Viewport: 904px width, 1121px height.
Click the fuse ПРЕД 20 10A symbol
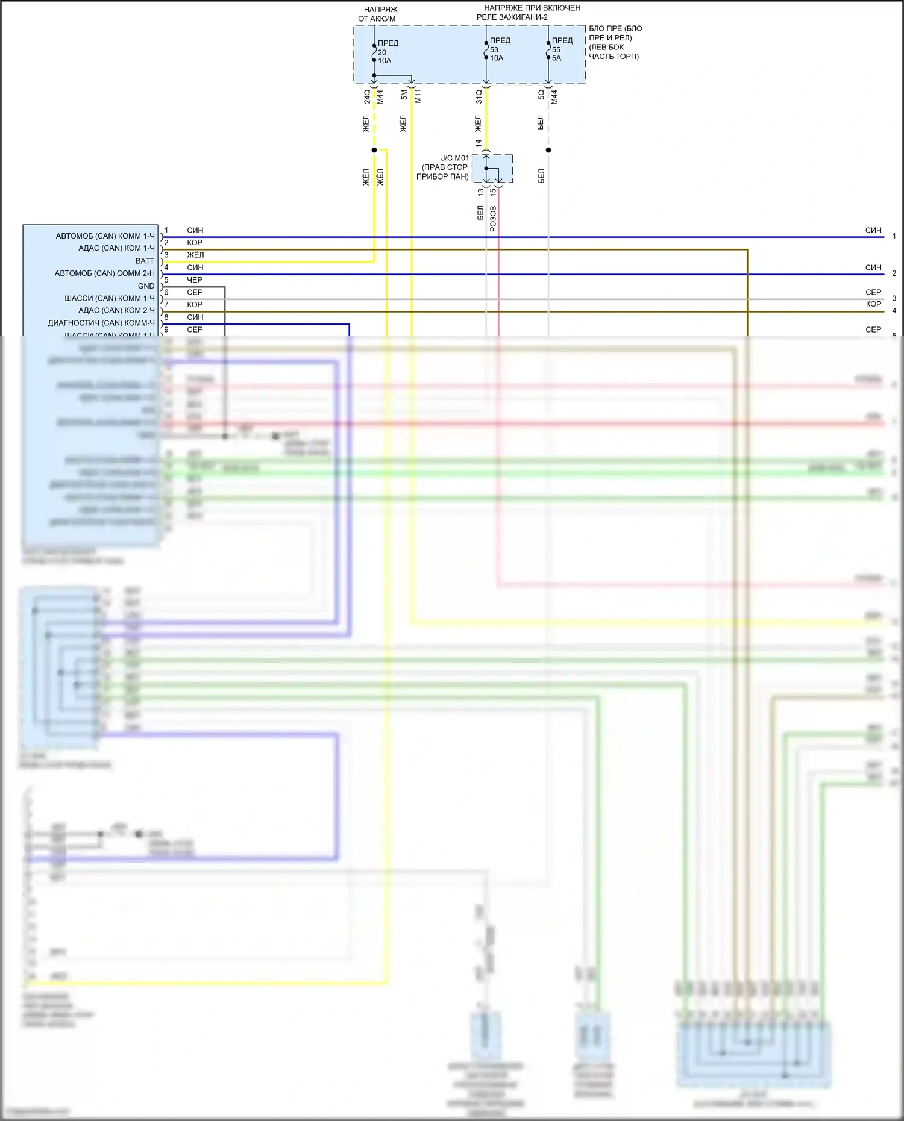374,52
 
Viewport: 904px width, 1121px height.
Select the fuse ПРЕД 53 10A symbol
486,49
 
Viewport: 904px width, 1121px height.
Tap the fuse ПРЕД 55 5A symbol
548,49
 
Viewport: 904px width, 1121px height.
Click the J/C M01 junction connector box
492,168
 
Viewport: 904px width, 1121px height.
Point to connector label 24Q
366,96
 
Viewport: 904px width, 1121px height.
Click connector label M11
418,96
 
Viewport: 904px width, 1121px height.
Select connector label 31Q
479,96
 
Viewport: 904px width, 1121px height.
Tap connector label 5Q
541,95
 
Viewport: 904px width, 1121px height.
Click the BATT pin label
145,261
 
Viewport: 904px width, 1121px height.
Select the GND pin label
146,286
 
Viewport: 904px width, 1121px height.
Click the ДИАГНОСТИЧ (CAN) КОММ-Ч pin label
101,323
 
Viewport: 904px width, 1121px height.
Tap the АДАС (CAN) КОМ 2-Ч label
116,311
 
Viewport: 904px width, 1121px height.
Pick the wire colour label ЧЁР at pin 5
195,280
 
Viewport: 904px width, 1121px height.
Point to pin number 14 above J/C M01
479,143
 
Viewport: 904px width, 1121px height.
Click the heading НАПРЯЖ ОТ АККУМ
378,14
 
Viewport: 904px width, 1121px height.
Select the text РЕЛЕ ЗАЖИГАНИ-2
512,17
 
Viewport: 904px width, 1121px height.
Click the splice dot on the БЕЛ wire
548,150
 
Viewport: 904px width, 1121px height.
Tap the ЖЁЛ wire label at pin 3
195,255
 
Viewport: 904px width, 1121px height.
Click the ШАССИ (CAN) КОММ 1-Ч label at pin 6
110,299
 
